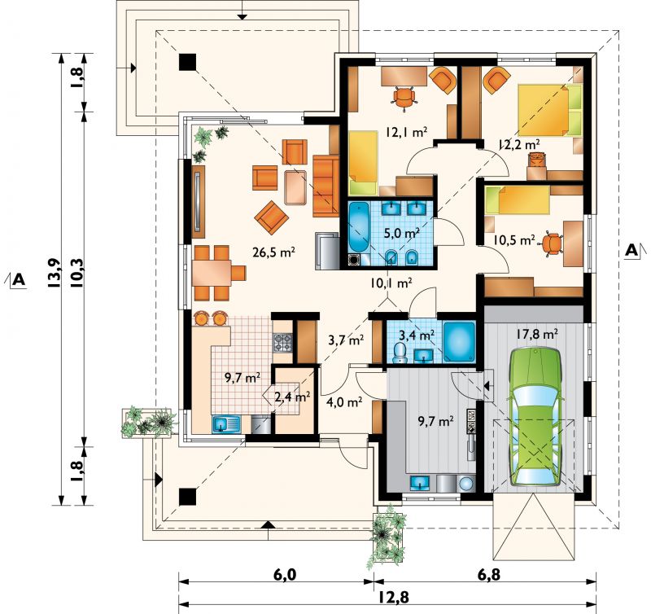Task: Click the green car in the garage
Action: pyautogui.click(x=535, y=417)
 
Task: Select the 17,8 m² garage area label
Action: pyautogui.click(x=537, y=334)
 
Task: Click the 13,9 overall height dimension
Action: pyautogui.click(x=55, y=273)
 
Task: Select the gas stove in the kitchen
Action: pyautogui.click(x=282, y=342)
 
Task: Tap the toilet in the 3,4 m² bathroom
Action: pyautogui.click(x=400, y=353)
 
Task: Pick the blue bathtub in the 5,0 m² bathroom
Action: pyautogui.click(x=357, y=228)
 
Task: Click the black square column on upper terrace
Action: pyautogui.click(x=187, y=62)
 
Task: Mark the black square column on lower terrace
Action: pyautogui.click(x=187, y=497)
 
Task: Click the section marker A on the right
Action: pyautogui.click(x=632, y=251)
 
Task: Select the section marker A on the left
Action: pyautogui.click(x=17, y=279)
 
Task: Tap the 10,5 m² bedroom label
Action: pyautogui.click(x=513, y=239)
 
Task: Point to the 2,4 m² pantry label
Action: pyautogui.click(x=292, y=397)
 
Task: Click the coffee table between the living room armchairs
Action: pyautogui.click(x=295, y=188)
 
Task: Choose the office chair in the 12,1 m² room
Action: pyautogui.click(x=404, y=98)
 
